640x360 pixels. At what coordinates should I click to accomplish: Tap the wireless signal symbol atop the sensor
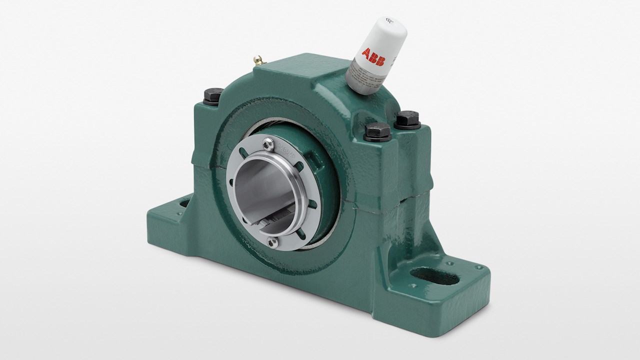click(390, 20)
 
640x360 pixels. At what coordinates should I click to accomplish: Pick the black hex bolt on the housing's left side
click(213, 95)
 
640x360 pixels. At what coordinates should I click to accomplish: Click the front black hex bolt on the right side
click(377, 132)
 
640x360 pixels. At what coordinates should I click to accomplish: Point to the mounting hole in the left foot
click(183, 203)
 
